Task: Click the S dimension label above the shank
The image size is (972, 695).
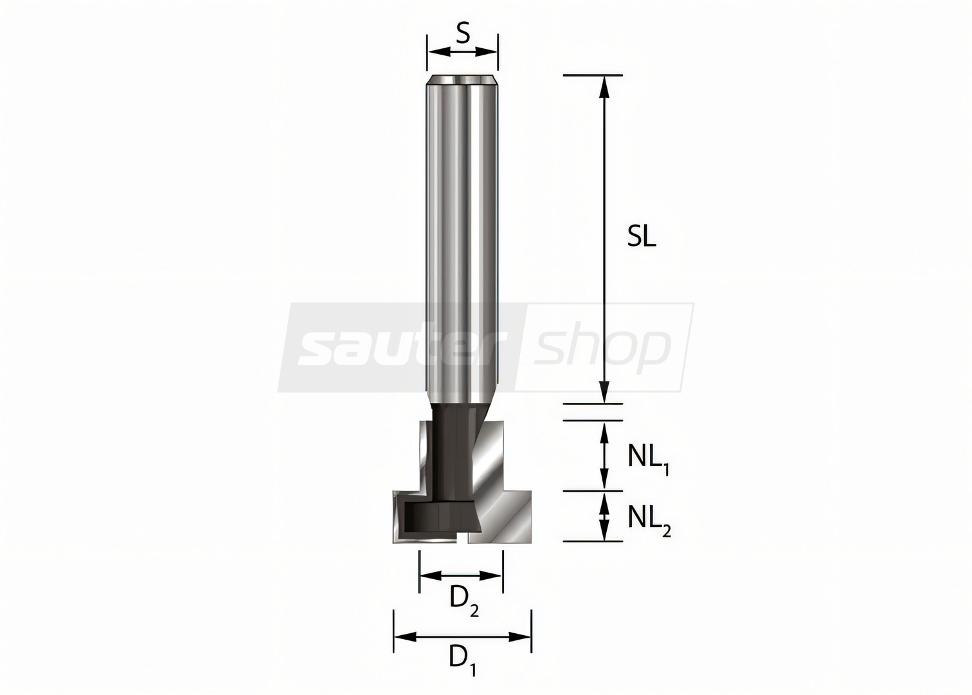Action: coord(463,34)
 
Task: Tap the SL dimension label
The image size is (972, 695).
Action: coord(642,237)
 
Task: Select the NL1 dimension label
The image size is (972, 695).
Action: coord(648,459)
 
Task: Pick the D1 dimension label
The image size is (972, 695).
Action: coord(462,663)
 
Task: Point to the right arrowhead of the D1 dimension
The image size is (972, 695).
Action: coord(519,637)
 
